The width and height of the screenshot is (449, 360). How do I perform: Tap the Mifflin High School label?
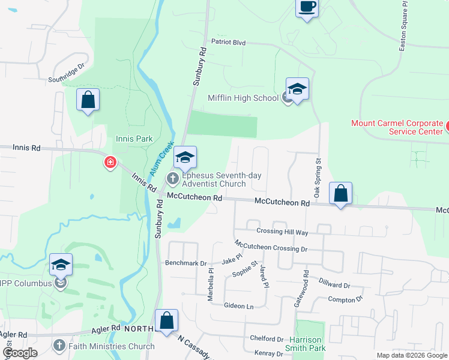click(243, 98)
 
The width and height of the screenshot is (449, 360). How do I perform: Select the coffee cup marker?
click(307, 8)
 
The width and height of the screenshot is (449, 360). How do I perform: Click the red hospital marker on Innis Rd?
click(110, 162)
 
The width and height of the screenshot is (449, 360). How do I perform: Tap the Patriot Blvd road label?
click(229, 42)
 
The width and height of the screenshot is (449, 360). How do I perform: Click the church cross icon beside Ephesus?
click(173, 178)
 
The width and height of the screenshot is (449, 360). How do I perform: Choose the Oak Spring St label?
click(318, 175)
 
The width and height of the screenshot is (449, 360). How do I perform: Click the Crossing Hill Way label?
click(282, 232)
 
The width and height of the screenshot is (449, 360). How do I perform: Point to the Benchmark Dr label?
click(185, 263)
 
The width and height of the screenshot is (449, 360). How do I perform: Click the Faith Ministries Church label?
click(111, 346)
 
